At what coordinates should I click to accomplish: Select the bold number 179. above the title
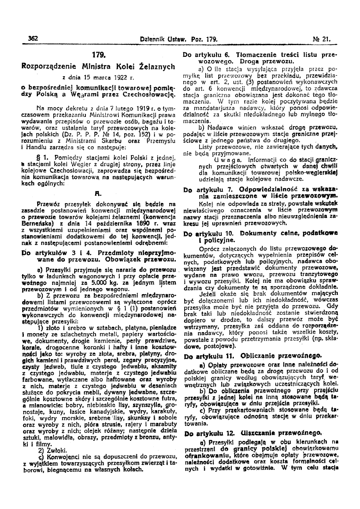tap(98, 53)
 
